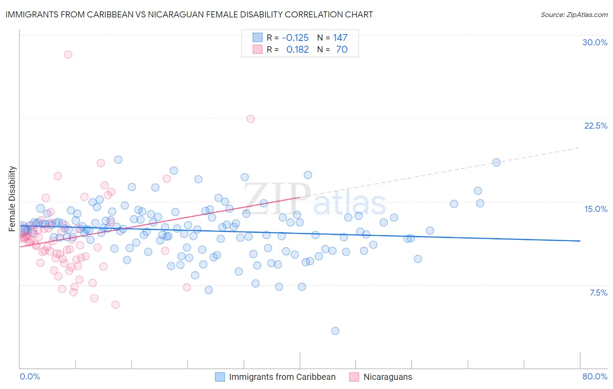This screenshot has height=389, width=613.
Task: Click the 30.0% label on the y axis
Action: (x=595, y=42)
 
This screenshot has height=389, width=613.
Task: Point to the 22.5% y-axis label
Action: (x=596, y=126)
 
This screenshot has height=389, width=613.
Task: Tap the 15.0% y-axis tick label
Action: (x=596, y=209)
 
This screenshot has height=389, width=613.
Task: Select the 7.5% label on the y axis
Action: (x=598, y=293)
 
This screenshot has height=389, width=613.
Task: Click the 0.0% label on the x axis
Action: (x=30, y=376)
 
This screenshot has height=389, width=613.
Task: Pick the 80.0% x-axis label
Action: (x=595, y=376)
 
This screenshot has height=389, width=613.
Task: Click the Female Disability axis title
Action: (x=12, y=198)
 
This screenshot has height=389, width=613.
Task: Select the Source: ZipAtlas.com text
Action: (x=574, y=14)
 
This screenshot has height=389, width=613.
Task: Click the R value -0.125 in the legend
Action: (x=295, y=38)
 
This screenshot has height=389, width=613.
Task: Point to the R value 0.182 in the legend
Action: (x=297, y=49)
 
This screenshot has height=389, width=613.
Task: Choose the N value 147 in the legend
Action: (x=340, y=38)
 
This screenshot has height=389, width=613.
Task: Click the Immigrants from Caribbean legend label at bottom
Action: (x=282, y=377)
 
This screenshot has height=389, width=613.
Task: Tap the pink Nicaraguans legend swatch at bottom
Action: (x=354, y=377)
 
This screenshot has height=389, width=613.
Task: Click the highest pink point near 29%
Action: (x=68, y=55)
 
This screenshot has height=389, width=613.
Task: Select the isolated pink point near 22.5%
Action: (x=251, y=119)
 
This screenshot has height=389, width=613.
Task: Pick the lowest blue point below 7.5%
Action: (x=335, y=331)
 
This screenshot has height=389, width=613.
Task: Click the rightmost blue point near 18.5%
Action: (x=496, y=162)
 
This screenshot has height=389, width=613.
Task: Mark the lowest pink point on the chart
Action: (x=116, y=305)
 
